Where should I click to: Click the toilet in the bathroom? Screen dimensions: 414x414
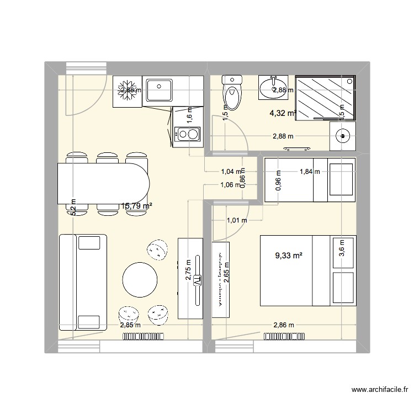coord(232,94)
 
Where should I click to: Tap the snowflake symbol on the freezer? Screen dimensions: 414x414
coord(128,90)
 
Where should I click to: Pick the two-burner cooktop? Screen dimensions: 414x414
coord(187,134)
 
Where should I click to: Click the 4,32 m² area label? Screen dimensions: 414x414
coord(282,114)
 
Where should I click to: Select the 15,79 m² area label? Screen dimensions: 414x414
coord(136,206)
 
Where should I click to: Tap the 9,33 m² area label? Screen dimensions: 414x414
coord(289,256)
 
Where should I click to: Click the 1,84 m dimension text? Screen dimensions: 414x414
coord(310,172)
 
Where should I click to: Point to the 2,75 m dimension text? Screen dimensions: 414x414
coord(189,270)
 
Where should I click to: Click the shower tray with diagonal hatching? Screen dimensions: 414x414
coord(325,97)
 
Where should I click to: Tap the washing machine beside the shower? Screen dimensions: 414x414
coord(343,135)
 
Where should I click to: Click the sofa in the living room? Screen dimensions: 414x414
coord(83,283)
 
